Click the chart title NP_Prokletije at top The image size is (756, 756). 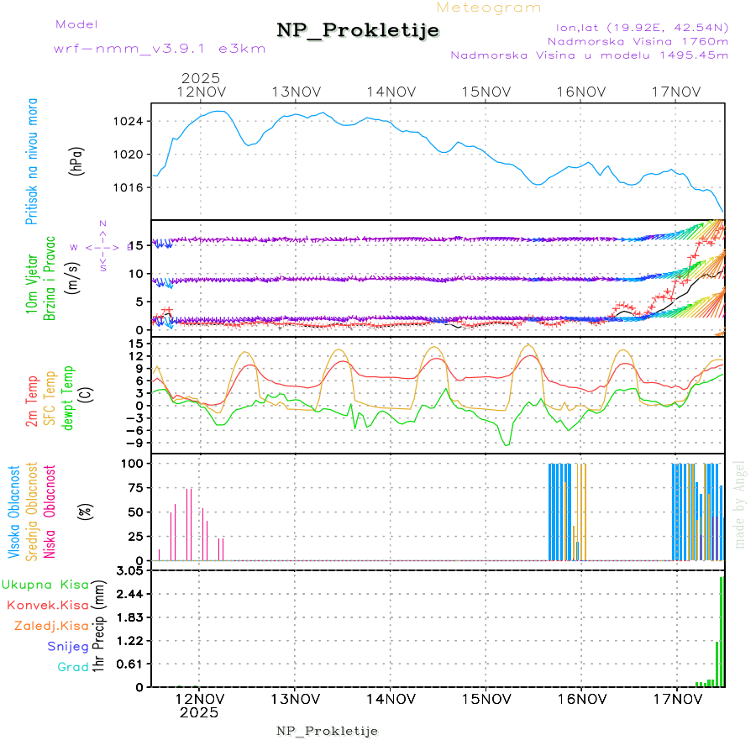click(x=358, y=31)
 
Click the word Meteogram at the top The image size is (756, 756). click(x=490, y=8)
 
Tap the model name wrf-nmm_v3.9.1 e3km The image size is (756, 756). click(x=160, y=49)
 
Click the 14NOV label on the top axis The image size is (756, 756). click(x=391, y=92)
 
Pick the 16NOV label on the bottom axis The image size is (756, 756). click(x=581, y=698)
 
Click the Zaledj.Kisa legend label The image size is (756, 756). click(x=51, y=626)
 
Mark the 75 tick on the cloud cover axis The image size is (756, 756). click(x=133, y=486)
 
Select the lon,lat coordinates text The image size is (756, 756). click(x=636, y=26)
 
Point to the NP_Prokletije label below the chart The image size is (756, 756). click(x=327, y=731)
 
